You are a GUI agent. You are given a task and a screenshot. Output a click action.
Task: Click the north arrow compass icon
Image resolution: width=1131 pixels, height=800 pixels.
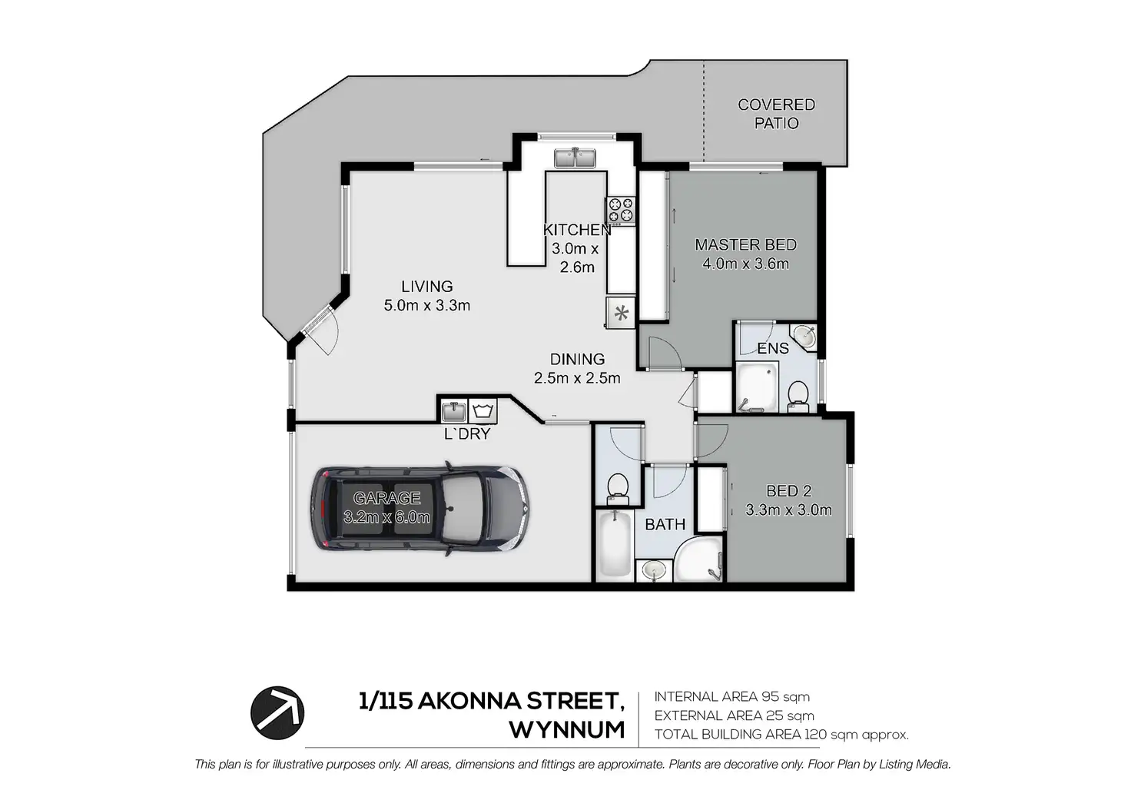click(277, 712)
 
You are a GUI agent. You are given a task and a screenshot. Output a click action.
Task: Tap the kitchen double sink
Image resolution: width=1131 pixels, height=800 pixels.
click(575, 158)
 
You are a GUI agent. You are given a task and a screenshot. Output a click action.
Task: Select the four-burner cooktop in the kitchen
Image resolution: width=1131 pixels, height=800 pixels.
click(621, 210)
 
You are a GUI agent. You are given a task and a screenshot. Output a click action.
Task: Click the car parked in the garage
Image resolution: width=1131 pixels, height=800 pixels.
click(420, 509)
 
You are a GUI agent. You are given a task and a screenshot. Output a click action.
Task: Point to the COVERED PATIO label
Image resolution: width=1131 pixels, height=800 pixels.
click(776, 115)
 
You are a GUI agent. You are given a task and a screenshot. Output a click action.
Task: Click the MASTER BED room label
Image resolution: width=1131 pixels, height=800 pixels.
click(746, 245)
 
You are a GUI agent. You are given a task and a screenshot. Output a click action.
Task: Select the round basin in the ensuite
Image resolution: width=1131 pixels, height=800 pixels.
click(804, 336)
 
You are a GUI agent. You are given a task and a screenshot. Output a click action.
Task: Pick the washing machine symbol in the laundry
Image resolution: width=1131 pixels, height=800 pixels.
click(483, 410)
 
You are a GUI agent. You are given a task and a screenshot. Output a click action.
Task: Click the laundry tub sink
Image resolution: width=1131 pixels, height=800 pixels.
click(454, 411)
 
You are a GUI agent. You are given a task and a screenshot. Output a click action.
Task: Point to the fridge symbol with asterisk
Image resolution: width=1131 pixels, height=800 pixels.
click(621, 313)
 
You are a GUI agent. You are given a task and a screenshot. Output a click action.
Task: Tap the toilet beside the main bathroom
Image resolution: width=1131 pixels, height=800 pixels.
click(617, 489)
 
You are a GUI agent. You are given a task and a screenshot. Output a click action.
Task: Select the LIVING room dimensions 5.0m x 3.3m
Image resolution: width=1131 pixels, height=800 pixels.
click(427, 306)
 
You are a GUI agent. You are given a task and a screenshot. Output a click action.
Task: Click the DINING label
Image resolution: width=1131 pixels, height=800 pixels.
click(577, 359)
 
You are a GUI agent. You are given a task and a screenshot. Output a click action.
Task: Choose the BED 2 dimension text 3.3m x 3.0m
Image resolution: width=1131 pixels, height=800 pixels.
click(788, 510)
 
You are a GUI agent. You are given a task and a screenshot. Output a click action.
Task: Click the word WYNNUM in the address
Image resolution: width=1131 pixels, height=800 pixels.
click(566, 730)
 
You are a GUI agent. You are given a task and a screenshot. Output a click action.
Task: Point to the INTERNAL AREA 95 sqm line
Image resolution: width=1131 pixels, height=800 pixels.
click(731, 697)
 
